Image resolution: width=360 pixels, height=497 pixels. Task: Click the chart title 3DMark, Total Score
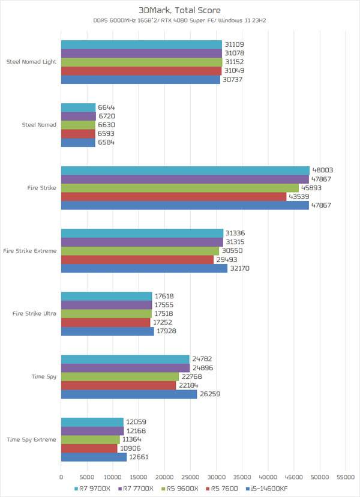point(179,10)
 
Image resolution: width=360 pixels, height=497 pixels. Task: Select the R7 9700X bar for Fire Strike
point(185,170)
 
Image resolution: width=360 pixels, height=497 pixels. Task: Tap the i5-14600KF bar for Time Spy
point(129,394)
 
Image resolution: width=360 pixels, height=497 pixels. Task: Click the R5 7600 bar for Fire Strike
point(174,196)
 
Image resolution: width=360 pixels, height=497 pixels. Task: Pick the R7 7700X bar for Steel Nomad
point(79,116)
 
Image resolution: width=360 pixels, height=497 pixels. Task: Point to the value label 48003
point(323,170)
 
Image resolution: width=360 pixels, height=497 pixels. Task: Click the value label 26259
point(210,394)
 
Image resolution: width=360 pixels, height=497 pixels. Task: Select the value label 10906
point(130,448)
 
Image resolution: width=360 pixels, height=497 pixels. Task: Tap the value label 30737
point(233,79)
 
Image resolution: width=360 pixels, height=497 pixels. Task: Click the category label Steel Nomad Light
point(31,62)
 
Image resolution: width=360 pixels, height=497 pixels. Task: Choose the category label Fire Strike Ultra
point(34,314)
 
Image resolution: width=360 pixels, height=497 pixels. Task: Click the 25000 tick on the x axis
point(190,477)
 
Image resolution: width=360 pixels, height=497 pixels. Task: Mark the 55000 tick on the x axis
point(344,477)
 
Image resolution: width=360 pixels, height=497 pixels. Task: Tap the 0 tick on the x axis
point(61,477)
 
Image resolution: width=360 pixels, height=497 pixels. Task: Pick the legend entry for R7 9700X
point(95,489)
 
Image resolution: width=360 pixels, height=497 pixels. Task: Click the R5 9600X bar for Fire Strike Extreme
point(140,251)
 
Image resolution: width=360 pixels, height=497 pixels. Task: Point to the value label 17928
point(167,331)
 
